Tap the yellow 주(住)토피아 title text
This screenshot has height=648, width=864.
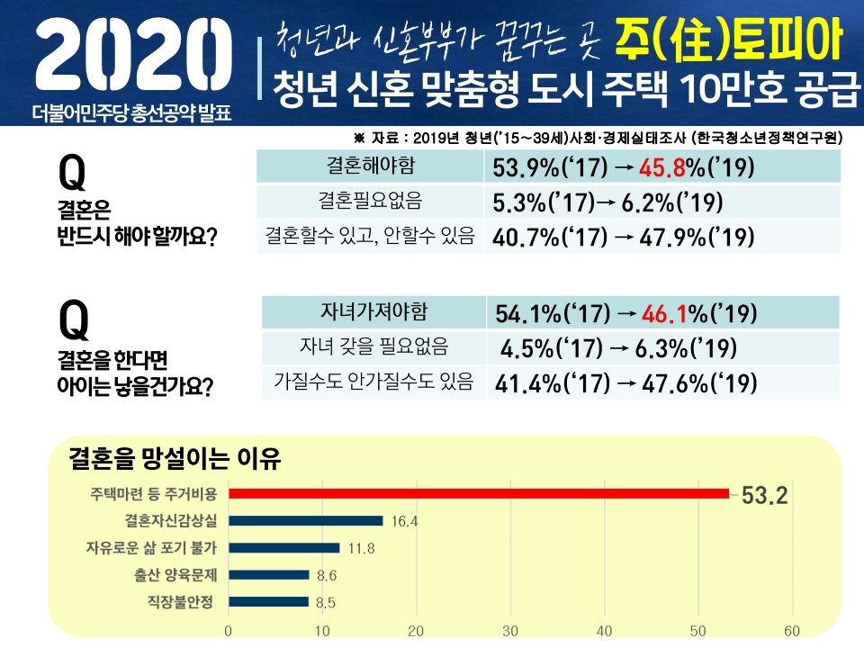pyautogui.click(x=728, y=39)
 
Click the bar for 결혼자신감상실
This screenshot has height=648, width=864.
pyautogui.click(x=306, y=520)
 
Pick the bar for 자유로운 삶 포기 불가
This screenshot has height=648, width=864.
pyautogui.click(x=284, y=547)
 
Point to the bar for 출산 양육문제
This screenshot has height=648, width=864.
pyautogui.click(x=269, y=574)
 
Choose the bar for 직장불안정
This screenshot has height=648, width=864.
pyautogui.click(x=268, y=601)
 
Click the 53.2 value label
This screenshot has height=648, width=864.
pyautogui.click(x=764, y=494)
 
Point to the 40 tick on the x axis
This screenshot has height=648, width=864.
pyautogui.click(x=605, y=630)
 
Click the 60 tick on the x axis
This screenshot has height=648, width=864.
pyautogui.click(x=793, y=630)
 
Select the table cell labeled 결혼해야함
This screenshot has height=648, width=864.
pyautogui.click(x=370, y=166)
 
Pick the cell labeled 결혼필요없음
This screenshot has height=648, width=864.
pyautogui.click(x=370, y=201)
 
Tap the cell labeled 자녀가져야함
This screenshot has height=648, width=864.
pyautogui.click(x=373, y=312)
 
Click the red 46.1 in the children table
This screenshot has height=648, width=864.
pyautogui.click(x=664, y=314)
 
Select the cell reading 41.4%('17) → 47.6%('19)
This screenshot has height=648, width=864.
pyautogui.click(x=626, y=382)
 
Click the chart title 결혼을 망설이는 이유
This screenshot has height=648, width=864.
pyautogui.click(x=175, y=461)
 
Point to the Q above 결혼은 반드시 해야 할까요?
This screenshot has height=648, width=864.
pyautogui.click(x=72, y=171)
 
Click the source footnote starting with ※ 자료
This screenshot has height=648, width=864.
pyautogui.click(x=598, y=138)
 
